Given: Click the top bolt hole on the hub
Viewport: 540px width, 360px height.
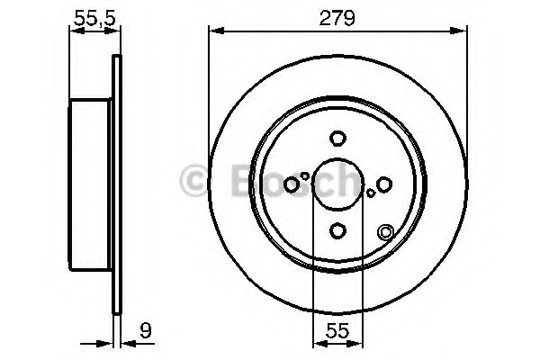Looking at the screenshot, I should (337, 139).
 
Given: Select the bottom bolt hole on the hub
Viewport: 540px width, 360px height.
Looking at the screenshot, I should (337, 231).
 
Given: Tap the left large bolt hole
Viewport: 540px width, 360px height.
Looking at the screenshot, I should (292, 184).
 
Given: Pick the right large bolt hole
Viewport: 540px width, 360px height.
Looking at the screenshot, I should (384, 184).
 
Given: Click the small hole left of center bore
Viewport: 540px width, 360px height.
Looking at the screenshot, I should (305, 176).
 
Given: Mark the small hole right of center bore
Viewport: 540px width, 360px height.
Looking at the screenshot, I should (371, 193).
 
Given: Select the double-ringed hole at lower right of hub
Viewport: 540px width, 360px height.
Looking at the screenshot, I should (386, 231).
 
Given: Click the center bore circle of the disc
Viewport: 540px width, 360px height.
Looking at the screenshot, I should (337, 184).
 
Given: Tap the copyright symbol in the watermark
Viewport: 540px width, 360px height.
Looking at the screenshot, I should (195, 181).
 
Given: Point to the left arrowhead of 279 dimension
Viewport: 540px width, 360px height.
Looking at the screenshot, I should (214, 31).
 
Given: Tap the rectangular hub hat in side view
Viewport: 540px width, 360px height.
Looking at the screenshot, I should (91, 184).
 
